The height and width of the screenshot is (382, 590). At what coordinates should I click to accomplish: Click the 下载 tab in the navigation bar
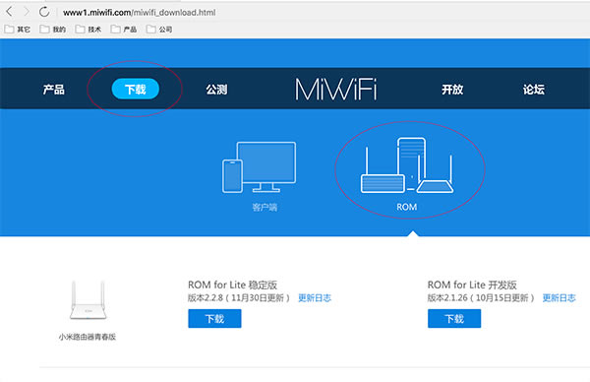(x=135, y=90)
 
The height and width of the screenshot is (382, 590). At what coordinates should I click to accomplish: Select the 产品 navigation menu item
(x=54, y=90)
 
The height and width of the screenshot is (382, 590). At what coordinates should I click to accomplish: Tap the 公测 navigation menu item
(x=216, y=90)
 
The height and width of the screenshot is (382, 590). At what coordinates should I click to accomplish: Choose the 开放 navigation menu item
(x=452, y=90)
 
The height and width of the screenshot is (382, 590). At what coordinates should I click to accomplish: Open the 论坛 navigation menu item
(x=534, y=90)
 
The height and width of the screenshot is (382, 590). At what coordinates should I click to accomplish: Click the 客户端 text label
(x=254, y=209)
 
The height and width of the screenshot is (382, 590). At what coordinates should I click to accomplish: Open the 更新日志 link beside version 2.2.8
(x=315, y=296)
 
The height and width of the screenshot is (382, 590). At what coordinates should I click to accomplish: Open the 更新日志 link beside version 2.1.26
(x=557, y=296)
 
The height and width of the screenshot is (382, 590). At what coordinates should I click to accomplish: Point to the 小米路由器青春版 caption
(x=87, y=337)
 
